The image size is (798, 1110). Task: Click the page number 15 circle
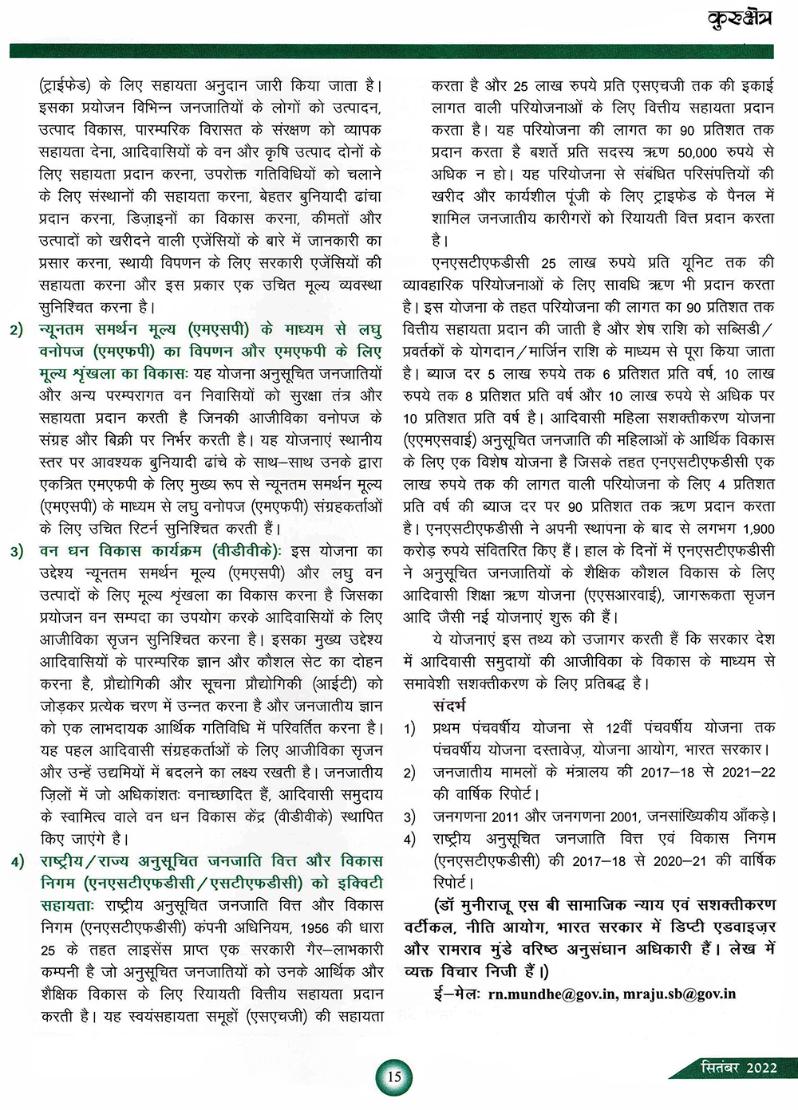(x=394, y=1076)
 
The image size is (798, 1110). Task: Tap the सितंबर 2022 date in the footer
(x=738, y=1067)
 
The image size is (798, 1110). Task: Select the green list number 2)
(x=18, y=329)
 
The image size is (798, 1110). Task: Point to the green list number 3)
(x=18, y=551)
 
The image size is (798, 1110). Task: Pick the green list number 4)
(x=18, y=861)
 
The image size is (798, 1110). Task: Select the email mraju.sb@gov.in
(x=680, y=994)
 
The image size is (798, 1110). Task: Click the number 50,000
(x=697, y=152)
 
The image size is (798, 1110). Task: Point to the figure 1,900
(x=757, y=529)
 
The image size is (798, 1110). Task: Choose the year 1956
(x=318, y=928)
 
